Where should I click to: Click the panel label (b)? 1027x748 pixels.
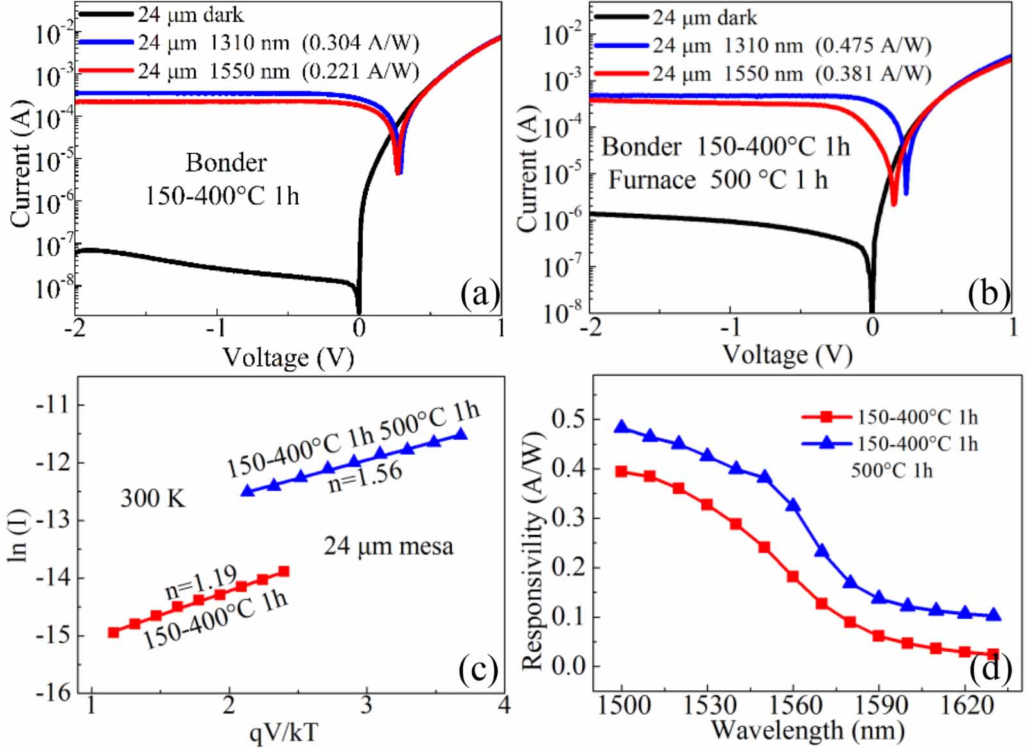[x=988, y=293]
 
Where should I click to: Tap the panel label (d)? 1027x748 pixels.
[x=990, y=668]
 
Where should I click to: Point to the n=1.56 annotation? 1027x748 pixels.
[x=365, y=476]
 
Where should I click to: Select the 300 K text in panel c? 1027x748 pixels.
[x=153, y=498]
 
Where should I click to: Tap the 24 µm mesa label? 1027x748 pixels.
[x=388, y=546]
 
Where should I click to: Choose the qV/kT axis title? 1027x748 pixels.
[x=282, y=731]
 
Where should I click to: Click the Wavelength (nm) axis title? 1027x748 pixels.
[x=807, y=730]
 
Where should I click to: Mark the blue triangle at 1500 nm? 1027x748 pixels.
[x=621, y=427]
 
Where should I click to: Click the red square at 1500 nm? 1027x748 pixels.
[x=621, y=471]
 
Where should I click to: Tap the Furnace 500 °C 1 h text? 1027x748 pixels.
[x=718, y=180]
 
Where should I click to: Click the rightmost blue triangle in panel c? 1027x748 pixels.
[x=461, y=434]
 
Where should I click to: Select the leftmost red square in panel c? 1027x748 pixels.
[x=114, y=632]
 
